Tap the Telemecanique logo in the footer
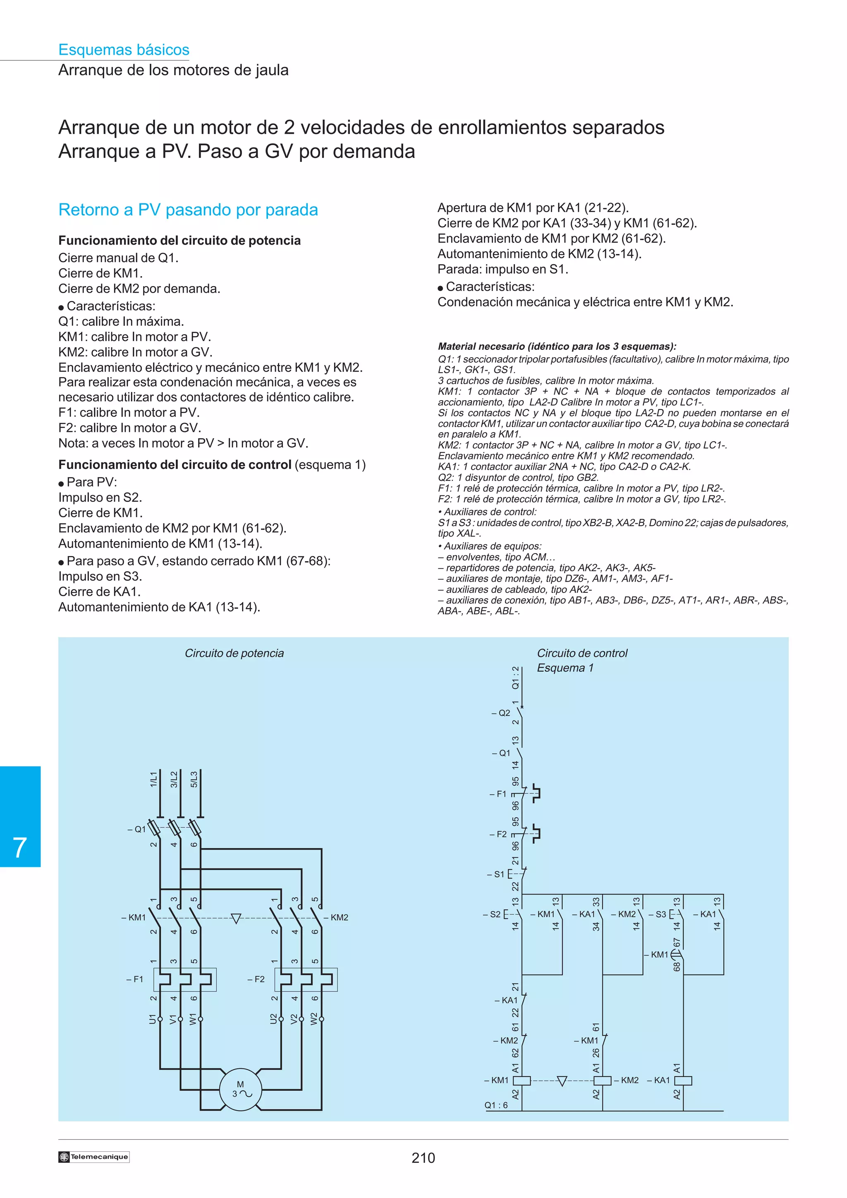94,1157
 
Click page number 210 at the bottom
423,1158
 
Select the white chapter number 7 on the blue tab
20,847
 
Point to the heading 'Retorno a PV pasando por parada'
188,210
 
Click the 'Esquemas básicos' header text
124,50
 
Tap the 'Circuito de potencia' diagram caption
234,653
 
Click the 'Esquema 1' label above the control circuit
565,668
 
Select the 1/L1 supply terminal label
153,779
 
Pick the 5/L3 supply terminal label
194,779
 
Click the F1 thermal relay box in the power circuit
185,979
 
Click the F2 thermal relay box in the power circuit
306,979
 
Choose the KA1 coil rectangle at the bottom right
683,1080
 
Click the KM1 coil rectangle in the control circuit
522,1080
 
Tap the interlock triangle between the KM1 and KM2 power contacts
236,918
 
